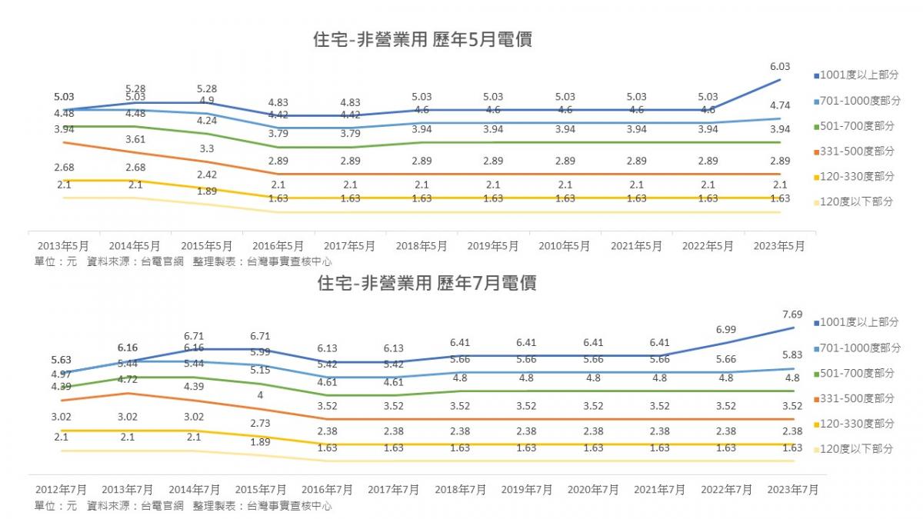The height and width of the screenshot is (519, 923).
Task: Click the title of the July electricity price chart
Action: pyautogui.click(x=427, y=283)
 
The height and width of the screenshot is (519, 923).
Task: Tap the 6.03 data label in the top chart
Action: pyautogui.click(x=779, y=67)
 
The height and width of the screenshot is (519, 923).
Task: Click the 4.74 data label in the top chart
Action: pyautogui.click(x=779, y=105)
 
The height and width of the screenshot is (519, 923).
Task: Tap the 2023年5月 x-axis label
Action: pyautogui.click(x=779, y=246)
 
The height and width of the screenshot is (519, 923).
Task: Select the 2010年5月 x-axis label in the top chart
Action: pyautogui.click(x=565, y=246)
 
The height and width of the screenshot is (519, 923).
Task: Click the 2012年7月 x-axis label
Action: pyautogui.click(x=62, y=489)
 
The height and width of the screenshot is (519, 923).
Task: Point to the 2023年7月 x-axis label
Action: pyautogui.click(x=792, y=489)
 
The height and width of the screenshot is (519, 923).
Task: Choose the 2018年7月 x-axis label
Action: pyautogui.click(x=460, y=489)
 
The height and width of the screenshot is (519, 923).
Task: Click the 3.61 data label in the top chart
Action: pyautogui.click(x=135, y=139)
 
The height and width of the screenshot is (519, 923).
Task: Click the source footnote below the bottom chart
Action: pyautogui.click(x=183, y=506)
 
